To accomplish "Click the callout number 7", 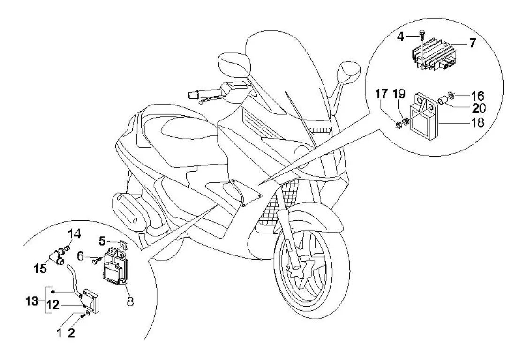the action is click(472, 44).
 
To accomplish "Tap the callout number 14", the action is click(75, 234).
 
